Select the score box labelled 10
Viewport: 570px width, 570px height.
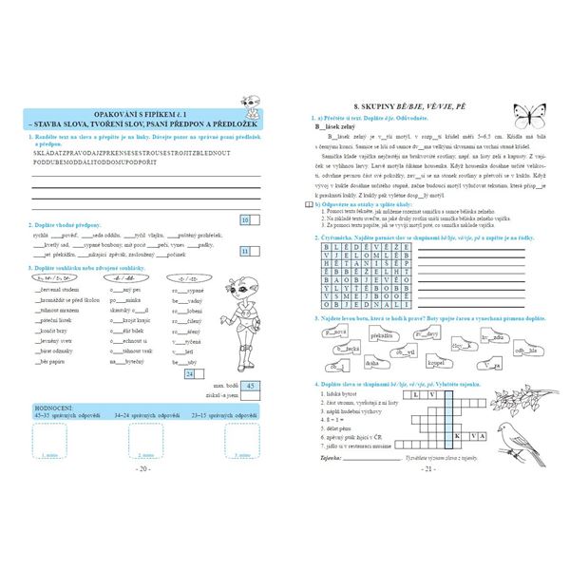click(245, 219)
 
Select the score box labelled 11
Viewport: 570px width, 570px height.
click(245, 252)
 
